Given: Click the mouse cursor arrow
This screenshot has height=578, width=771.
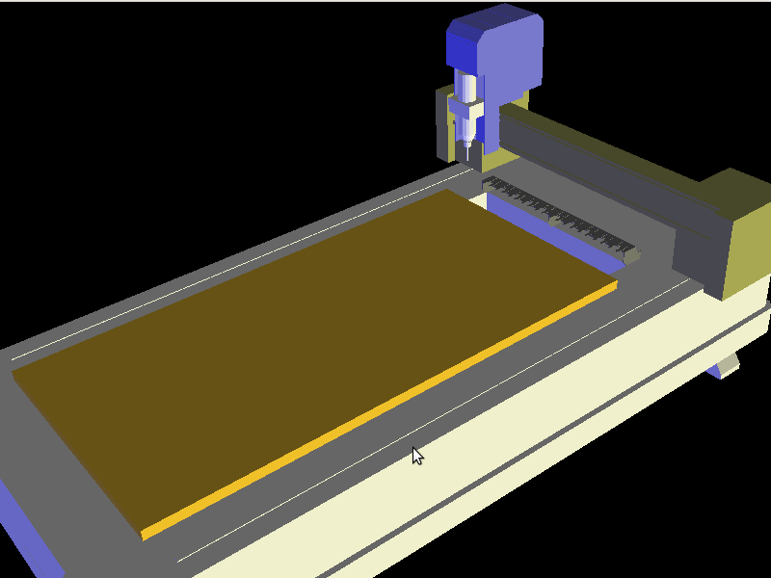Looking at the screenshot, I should (x=416, y=455).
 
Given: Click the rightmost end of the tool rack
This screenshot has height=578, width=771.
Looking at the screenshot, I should (x=633, y=254).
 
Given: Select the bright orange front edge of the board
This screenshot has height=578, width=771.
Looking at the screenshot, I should (x=385, y=409).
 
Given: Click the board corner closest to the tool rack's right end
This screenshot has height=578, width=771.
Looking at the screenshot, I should (x=615, y=284).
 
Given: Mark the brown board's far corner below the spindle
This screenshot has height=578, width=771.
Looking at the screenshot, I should (x=446, y=191).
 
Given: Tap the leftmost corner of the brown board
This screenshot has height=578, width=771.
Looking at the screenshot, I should (x=13, y=369).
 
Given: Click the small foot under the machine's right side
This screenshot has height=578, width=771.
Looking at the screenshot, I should (x=725, y=366).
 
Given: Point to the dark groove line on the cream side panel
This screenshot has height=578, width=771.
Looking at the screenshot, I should (x=482, y=472).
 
